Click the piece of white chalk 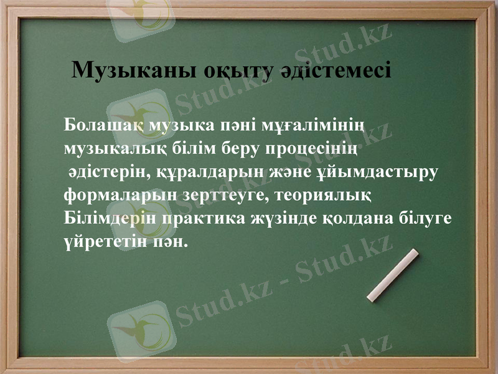393,275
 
